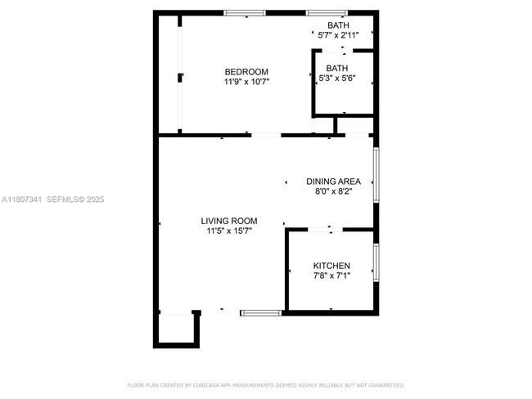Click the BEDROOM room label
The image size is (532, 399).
point(246,72)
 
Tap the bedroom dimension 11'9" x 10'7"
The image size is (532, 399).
point(246,82)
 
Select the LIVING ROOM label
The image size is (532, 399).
point(229,221)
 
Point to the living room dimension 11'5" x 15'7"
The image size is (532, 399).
point(229,231)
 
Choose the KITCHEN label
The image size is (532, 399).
point(331,266)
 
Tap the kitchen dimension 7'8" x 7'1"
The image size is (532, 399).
point(331,276)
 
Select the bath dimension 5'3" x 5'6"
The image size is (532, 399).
point(336,78)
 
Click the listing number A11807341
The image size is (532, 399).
point(21,199)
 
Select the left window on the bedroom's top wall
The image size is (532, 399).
point(245,12)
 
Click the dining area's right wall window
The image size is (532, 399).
point(376,173)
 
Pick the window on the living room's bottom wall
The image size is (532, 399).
point(261,312)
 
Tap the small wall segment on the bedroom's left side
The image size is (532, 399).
point(179,78)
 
